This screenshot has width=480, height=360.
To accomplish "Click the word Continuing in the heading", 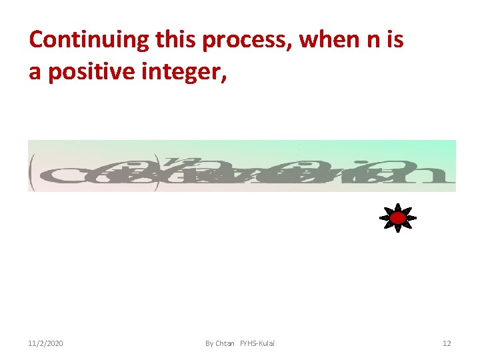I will point(88,40).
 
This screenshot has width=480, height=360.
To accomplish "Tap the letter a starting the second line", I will point(35,72).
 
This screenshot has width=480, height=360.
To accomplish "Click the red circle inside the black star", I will point(398,218).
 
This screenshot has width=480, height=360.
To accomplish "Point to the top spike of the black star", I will point(398,205).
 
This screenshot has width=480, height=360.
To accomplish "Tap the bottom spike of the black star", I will point(398,230).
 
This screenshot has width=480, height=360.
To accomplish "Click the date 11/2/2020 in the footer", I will point(46,343).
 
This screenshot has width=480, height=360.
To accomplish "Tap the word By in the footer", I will point(209,343).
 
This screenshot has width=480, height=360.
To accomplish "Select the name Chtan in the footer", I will point(225,343).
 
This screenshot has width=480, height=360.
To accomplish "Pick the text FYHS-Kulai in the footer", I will point(257,343).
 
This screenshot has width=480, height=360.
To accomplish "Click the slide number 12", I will point(447,343).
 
